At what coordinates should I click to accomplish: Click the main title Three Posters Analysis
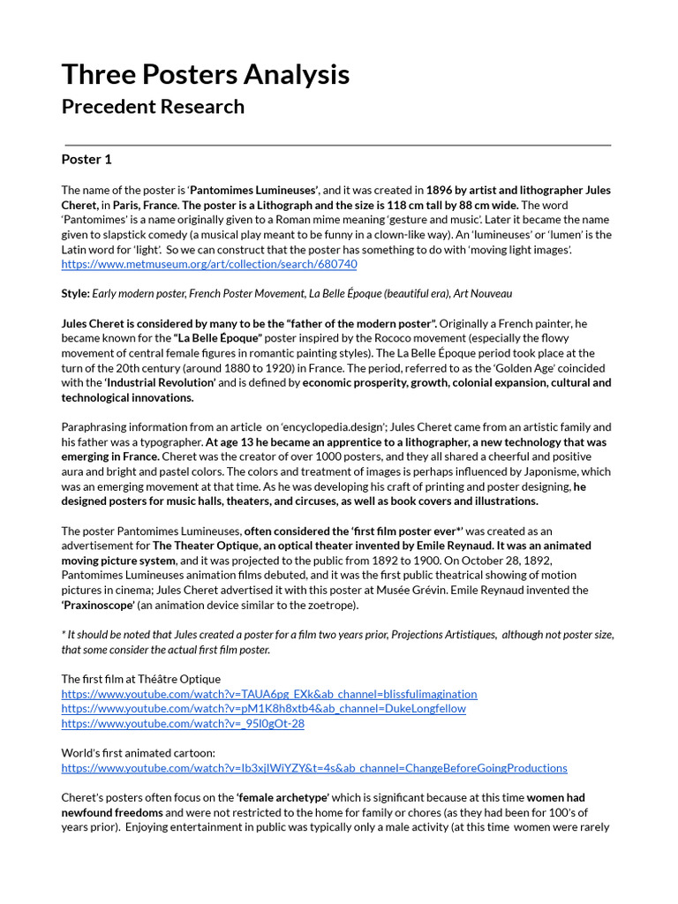tap(205, 75)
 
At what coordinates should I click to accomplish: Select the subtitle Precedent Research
tap(153, 107)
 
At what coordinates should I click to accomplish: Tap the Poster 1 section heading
tap(87, 160)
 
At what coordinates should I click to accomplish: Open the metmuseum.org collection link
tap(209, 264)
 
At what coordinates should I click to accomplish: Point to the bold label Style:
tap(75, 293)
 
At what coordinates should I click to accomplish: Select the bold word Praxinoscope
tap(98, 605)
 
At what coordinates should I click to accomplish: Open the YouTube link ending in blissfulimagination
tap(269, 694)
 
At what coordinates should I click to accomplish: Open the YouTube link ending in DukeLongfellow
tap(263, 708)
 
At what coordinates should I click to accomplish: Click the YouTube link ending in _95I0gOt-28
tap(183, 723)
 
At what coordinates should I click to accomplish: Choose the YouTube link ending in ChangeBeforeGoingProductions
tap(314, 768)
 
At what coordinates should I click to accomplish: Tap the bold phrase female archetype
tap(282, 798)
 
